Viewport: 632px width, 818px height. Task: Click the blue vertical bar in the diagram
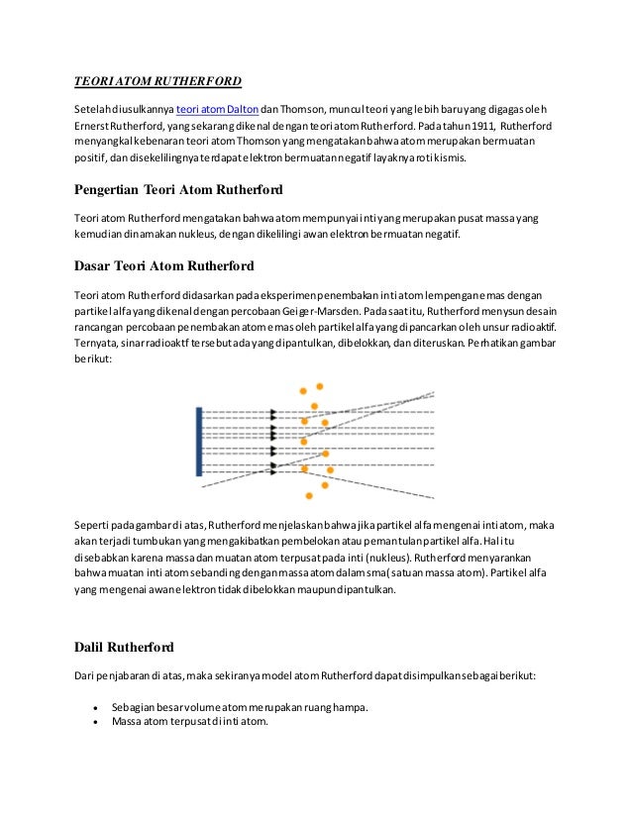[199, 442]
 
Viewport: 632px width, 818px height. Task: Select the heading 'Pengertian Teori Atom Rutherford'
[179, 189]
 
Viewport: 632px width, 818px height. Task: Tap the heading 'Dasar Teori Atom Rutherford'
[165, 265]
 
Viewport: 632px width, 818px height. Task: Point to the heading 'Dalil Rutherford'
[125, 648]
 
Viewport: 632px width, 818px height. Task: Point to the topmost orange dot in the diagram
[319, 386]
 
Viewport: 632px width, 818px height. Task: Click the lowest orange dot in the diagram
[310, 495]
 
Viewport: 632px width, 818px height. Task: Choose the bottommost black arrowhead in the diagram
[274, 464]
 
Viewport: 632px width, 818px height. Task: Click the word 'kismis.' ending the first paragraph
[456, 157]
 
